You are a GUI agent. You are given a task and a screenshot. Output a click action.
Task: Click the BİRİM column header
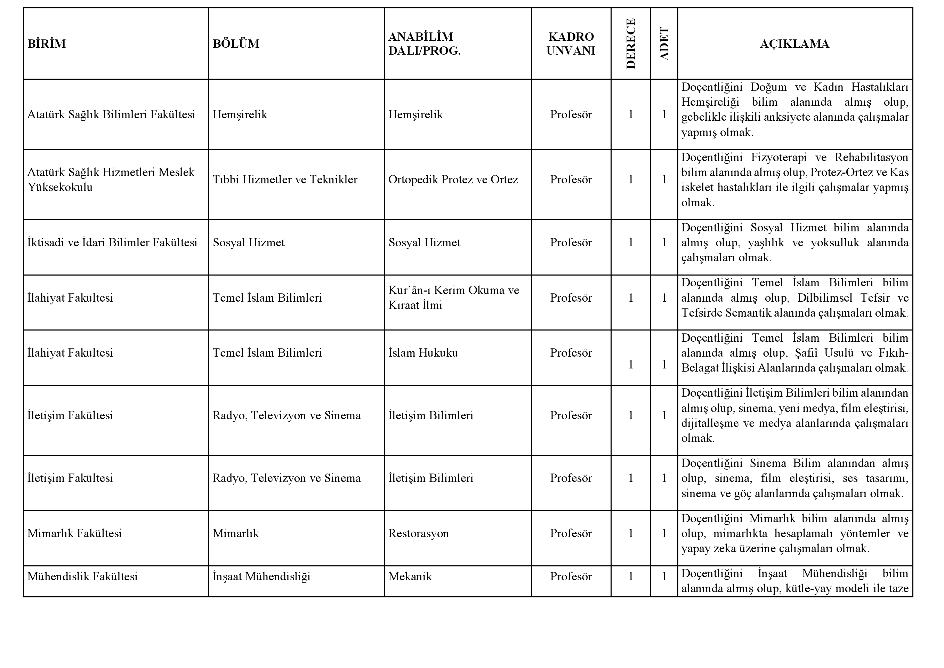[47, 43]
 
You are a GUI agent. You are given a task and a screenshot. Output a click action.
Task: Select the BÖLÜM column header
[236, 43]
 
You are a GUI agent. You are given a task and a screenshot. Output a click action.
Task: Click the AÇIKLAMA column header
[794, 43]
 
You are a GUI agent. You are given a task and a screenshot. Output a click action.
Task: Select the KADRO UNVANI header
[571, 43]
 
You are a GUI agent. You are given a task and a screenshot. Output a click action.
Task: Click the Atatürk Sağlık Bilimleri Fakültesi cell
[111, 114]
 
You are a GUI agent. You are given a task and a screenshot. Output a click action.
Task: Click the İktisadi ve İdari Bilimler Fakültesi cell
[112, 243]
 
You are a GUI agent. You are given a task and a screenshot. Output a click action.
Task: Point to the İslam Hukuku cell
[423, 353]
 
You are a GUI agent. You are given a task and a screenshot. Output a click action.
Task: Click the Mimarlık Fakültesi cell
[74, 533]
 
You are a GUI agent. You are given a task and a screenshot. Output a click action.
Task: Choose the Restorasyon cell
[419, 533]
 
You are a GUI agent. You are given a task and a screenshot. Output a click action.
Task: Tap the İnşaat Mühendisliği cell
[261, 577]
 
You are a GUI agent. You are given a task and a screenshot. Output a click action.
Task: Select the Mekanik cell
[410, 577]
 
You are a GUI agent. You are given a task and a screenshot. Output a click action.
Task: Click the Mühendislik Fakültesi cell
[82, 577]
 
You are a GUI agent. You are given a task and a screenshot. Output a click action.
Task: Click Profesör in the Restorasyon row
[571, 533]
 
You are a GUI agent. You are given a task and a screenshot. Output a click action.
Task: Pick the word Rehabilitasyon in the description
[871, 158]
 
